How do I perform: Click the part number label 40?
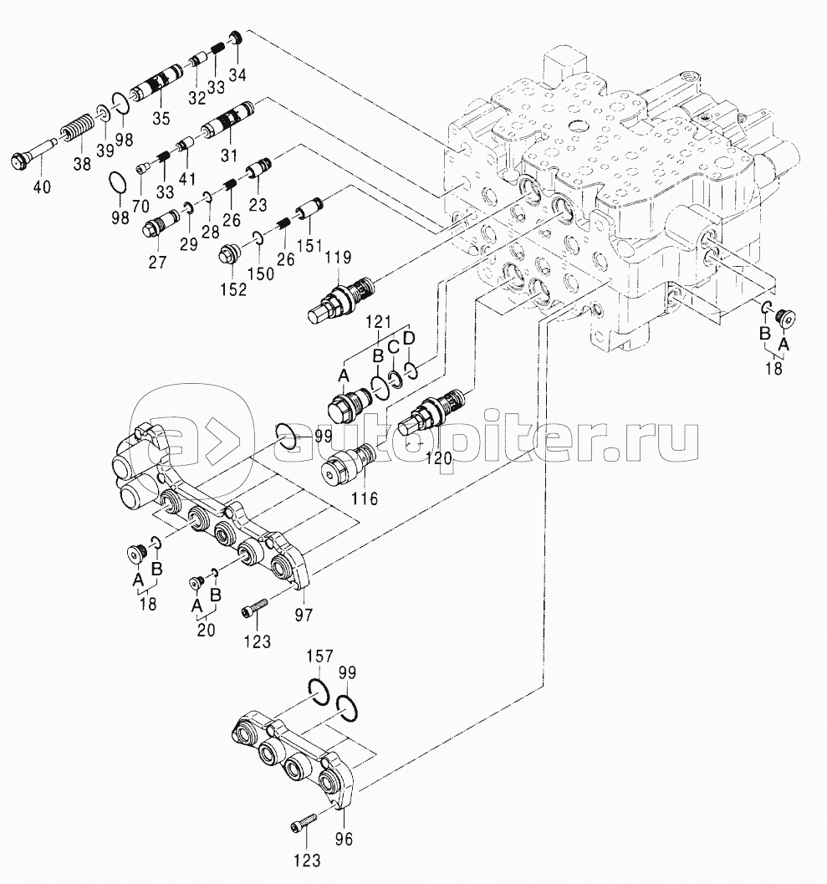pos(41,187)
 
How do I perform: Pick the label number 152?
pos(233,289)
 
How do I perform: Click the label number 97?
pos(303,614)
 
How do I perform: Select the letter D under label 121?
pos(408,339)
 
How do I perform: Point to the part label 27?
pos(157,262)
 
